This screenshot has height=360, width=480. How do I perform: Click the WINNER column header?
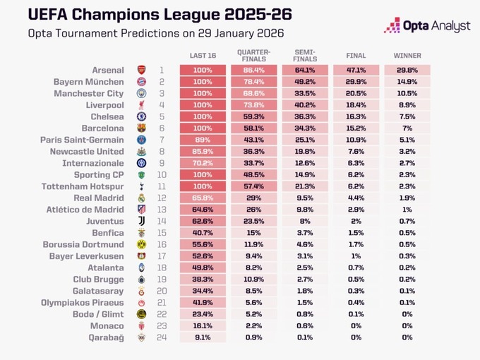[407, 56]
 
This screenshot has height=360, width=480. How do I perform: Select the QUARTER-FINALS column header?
[253, 56]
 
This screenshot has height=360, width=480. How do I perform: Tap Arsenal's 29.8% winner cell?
[407, 71]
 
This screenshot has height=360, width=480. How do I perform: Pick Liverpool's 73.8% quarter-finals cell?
[253, 105]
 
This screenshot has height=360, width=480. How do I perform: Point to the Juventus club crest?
[141, 222]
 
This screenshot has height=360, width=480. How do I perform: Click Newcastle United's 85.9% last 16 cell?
[203, 152]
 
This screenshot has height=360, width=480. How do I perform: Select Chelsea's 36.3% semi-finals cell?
[305, 116]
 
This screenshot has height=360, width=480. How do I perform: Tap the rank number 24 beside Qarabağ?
[162, 338]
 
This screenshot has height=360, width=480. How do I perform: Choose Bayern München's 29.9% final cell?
[356, 82]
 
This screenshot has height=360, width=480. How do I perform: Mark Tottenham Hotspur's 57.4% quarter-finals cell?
[253, 186]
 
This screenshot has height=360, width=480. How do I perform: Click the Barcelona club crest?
[141, 128]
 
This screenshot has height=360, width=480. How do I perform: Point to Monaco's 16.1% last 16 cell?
[203, 326]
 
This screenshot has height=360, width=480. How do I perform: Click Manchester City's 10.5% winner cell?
[407, 93]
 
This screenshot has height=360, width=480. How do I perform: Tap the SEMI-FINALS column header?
[305, 56]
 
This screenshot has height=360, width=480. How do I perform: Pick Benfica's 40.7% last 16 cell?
[203, 233]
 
